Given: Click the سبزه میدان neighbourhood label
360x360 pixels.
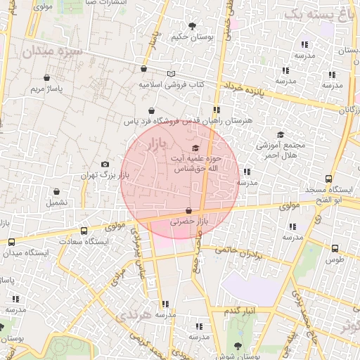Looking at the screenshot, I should [52, 51].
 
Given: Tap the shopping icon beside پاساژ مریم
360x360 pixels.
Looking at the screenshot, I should [46, 77].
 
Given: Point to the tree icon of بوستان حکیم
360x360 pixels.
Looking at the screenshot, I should [193, 27].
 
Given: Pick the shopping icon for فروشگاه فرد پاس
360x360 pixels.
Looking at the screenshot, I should [152, 110].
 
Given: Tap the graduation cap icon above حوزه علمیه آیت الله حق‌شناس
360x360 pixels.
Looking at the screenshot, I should [195, 148].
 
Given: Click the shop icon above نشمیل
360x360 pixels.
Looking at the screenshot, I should [56, 191].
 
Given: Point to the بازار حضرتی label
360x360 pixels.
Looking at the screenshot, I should [190, 221].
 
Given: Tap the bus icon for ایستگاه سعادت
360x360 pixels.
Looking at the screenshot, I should [84, 231].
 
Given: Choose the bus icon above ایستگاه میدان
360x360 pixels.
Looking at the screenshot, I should [11, 242].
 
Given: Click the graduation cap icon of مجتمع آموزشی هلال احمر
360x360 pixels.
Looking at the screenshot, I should [281, 134].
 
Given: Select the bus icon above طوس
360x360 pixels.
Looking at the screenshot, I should [335, 248].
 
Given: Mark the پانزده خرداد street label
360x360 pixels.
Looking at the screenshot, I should [243, 90].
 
